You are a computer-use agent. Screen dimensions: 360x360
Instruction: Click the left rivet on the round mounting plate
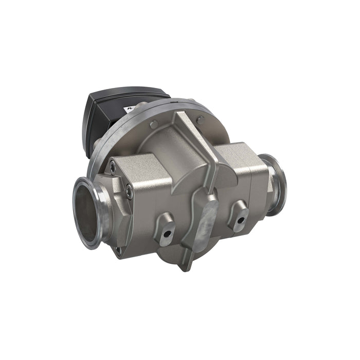154,125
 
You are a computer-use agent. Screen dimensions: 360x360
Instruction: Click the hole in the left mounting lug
166,236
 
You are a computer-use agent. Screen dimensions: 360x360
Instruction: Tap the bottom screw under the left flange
119,250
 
